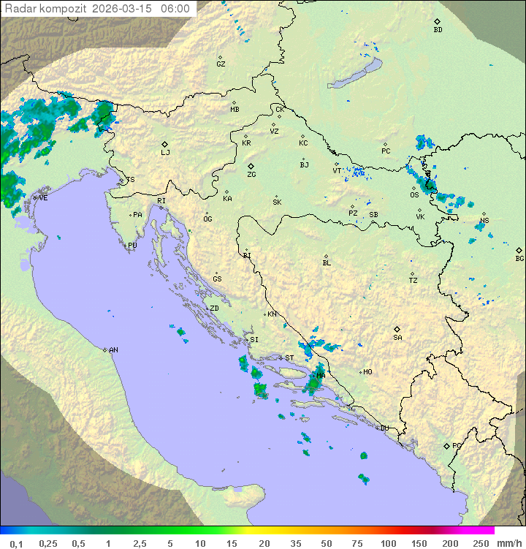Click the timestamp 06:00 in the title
click(x=175, y=9)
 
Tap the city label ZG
click(x=251, y=175)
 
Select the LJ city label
click(x=165, y=153)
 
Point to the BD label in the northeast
click(x=438, y=30)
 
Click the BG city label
click(x=519, y=258)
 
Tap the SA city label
click(x=397, y=337)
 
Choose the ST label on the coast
click(x=289, y=358)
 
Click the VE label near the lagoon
click(x=43, y=197)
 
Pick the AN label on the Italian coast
click(x=113, y=350)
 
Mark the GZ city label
click(x=221, y=64)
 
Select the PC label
click(x=386, y=151)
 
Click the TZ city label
click(x=413, y=280)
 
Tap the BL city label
click(x=327, y=262)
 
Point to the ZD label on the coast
click(x=214, y=308)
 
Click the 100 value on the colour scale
click(x=388, y=543)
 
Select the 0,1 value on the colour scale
click(x=16, y=543)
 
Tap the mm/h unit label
click(x=507, y=543)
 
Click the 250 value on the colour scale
click(x=481, y=543)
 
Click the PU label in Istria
click(x=132, y=246)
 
